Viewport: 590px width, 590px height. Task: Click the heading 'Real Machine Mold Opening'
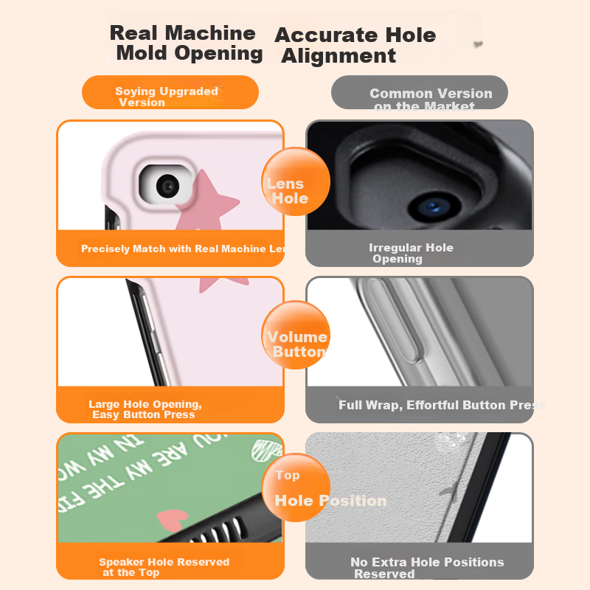[186, 43]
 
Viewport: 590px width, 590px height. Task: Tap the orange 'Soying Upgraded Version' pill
[170, 93]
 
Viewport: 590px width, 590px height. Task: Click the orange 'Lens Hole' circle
[295, 182]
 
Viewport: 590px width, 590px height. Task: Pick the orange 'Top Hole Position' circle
[296, 487]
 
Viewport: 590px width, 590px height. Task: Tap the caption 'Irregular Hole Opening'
[410, 253]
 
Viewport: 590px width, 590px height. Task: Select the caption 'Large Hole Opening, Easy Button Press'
[145, 409]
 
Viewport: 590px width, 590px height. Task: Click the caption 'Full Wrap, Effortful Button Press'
[441, 405]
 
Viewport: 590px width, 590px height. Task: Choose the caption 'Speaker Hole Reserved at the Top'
[164, 567]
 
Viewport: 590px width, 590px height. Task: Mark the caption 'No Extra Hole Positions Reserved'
[426, 568]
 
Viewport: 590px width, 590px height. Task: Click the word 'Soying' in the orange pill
[135, 91]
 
